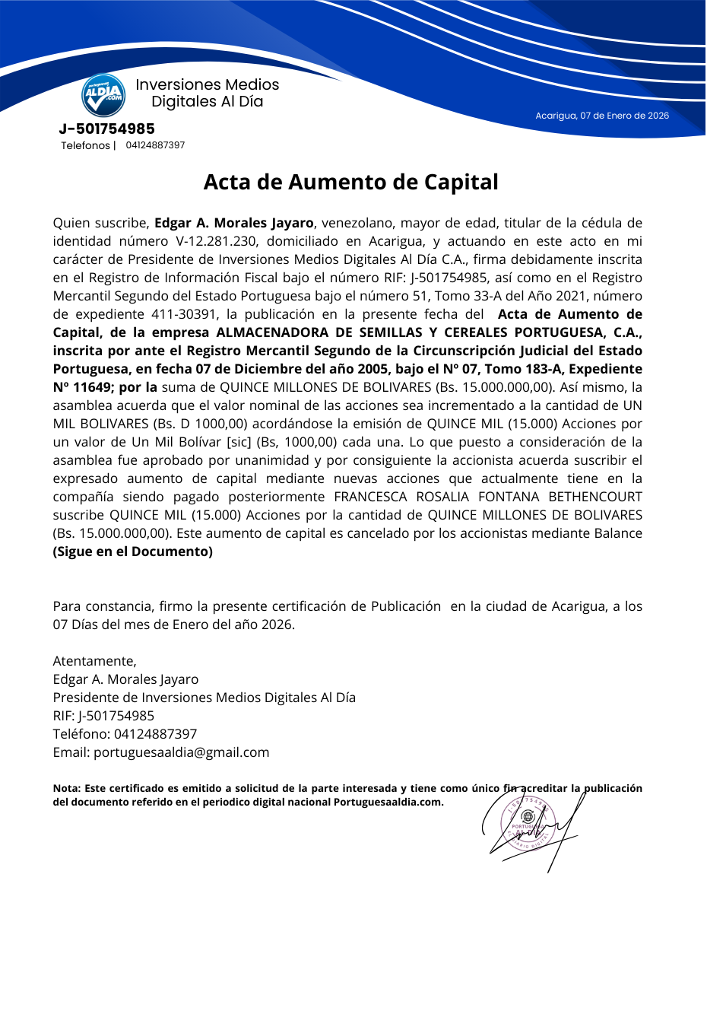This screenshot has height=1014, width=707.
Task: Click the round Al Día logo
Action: [x=103, y=95]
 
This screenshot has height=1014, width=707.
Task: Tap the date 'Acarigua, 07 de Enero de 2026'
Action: [x=602, y=116]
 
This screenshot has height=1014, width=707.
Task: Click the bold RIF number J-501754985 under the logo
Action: [x=107, y=129]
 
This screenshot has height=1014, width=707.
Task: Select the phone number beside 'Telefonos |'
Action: [x=155, y=145]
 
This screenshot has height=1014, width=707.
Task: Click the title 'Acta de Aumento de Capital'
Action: [x=351, y=183]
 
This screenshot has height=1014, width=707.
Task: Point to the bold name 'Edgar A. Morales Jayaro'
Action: [x=234, y=223]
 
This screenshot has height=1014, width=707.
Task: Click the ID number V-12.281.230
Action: [x=220, y=241]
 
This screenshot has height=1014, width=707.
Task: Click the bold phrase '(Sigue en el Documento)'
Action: [x=133, y=552]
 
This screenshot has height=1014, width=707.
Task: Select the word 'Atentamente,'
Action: [x=95, y=661]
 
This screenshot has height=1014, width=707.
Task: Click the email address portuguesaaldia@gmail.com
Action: [x=181, y=752]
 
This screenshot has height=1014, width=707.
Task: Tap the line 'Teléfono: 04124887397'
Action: [x=125, y=734]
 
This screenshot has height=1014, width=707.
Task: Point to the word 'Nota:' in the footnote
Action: [x=67, y=788]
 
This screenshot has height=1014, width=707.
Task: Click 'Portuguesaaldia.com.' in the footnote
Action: [x=388, y=802]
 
